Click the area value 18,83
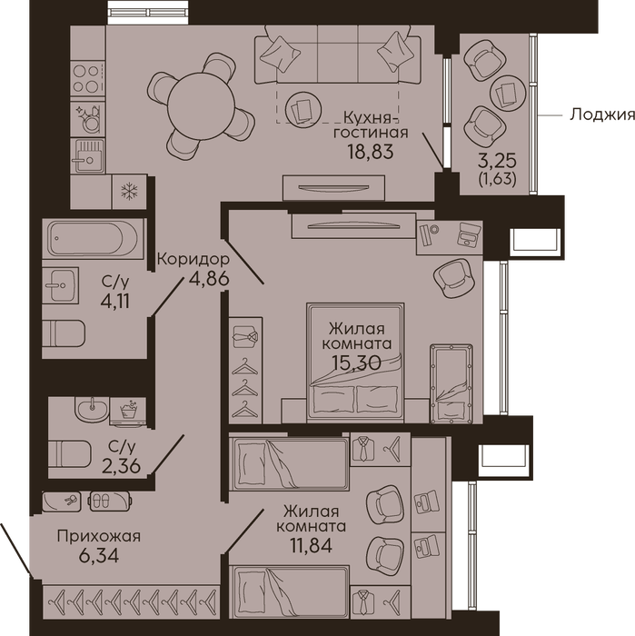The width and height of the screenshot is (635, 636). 371,152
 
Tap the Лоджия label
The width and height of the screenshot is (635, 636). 602,114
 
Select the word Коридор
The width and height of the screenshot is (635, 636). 193,259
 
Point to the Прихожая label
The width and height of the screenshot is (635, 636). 98,536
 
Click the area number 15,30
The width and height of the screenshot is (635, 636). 356,362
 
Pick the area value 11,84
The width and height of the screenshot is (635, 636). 311,545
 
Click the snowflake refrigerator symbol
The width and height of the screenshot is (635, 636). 129,191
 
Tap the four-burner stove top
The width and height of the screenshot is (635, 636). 87,78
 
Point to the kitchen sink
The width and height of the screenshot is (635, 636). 87,155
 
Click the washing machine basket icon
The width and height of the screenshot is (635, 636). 128,411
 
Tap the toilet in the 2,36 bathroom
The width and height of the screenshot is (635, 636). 70,453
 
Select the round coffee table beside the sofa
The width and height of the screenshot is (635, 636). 303,108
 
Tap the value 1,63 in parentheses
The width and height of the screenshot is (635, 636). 498,179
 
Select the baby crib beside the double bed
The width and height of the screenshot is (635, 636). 451,383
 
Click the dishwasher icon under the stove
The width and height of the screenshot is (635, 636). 88,118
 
